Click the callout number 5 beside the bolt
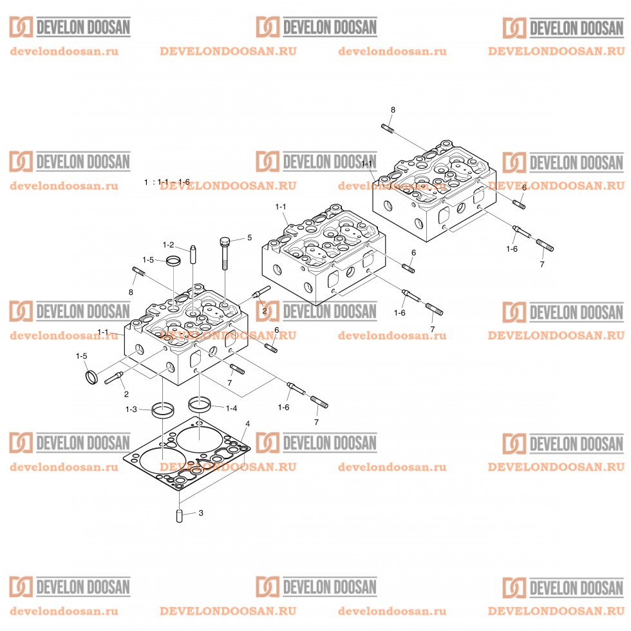(250, 238)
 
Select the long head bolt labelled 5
(225, 254)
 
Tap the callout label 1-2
(168, 245)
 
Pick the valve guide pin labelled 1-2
(193, 254)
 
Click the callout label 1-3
(131, 410)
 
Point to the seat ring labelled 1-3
(162, 411)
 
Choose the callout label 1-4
(231, 408)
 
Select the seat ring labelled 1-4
(200, 404)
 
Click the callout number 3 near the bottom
(201, 513)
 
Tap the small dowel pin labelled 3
(180, 516)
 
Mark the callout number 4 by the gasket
(247, 424)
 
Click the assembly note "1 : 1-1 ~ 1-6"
(167, 182)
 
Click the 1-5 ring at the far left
(91, 377)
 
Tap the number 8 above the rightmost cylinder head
(393, 109)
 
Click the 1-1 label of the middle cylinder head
(281, 207)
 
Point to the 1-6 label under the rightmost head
(511, 249)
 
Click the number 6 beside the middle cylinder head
(413, 252)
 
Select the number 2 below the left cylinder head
(126, 394)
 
